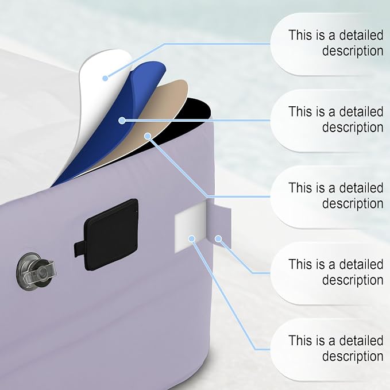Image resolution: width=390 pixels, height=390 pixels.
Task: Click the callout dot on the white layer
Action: point(105,78)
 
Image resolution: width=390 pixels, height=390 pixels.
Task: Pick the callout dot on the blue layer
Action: point(122,121)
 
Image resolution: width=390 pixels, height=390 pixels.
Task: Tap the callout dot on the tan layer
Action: point(148,136)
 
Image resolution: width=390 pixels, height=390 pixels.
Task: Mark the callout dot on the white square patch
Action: point(191,239)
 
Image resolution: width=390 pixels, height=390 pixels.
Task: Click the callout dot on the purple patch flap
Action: point(218,239)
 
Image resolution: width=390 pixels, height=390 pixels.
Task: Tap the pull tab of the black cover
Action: point(79,249)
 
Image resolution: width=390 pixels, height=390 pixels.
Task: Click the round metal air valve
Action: point(36,271)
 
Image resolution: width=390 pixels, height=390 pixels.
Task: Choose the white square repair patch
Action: point(191,227)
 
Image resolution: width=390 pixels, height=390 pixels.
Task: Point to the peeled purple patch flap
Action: point(219,225)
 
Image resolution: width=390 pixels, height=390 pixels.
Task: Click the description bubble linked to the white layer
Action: point(330,44)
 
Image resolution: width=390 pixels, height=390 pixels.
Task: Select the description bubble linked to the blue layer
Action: point(330,121)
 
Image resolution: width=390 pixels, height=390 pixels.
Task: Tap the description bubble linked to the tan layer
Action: point(330,196)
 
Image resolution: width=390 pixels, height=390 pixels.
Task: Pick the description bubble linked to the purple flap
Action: point(330,273)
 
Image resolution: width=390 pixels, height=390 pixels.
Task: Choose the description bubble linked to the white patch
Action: point(330,349)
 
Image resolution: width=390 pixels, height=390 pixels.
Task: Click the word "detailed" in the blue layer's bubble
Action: point(361,111)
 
